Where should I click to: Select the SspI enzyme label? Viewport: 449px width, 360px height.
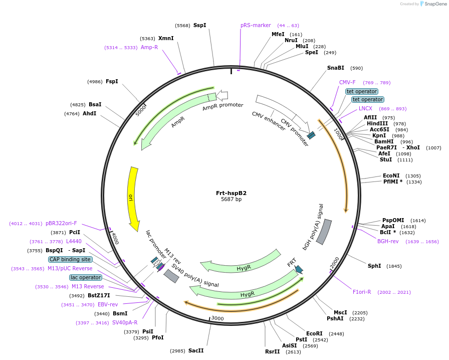click(x=200, y=25)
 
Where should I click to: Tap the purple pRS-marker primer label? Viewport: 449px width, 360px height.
click(x=256, y=25)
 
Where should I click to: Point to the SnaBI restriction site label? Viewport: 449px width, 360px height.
click(x=336, y=68)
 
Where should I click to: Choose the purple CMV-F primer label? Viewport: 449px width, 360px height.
click(x=347, y=82)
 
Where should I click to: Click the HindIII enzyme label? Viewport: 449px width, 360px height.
click(x=377, y=123)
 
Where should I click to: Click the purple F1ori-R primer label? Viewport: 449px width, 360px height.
click(x=362, y=292)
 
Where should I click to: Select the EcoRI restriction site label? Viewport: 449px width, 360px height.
click(x=315, y=333)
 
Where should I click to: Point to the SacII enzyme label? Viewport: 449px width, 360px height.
click(x=196, y=350)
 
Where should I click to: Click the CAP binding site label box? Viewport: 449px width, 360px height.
click(x=71, y=259)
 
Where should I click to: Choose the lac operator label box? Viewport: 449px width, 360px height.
click(x=86, y=277)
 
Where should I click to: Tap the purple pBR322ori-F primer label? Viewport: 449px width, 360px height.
click(x=61, y=223)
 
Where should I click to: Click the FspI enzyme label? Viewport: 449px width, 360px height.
click(x=112, y=81)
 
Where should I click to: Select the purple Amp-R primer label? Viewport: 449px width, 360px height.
click(x=149, y=47)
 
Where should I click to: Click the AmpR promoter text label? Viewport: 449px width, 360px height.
click(x=222, y=106)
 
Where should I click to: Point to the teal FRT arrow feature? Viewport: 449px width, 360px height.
click(x=299, y=269)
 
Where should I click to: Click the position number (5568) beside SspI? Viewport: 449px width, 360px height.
click(x=182, y=25)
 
